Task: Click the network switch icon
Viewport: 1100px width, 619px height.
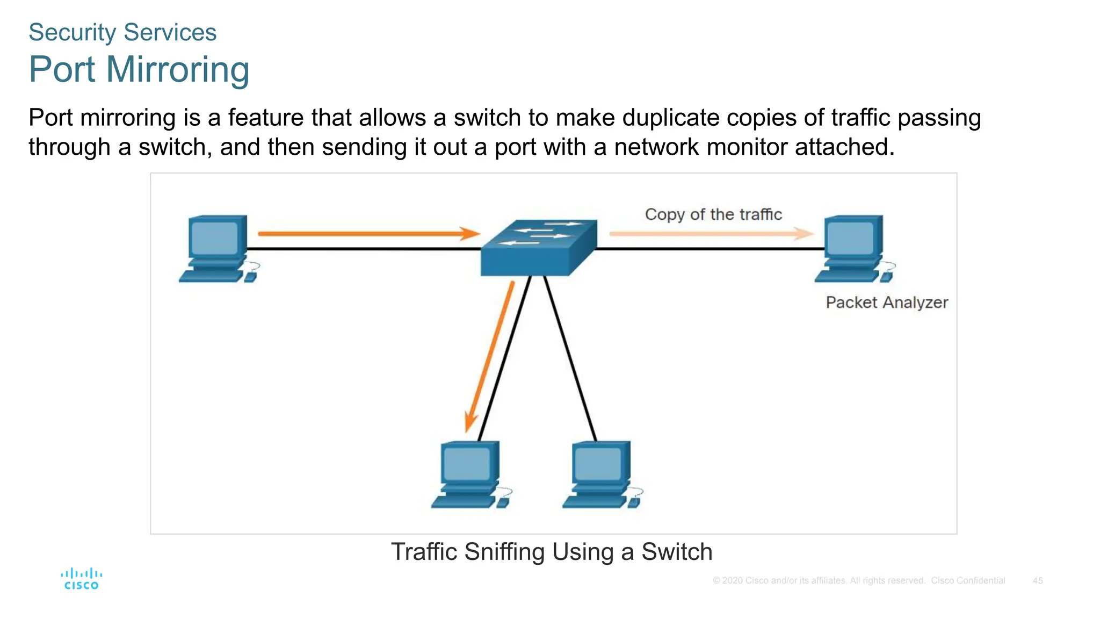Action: (x=538, y=248)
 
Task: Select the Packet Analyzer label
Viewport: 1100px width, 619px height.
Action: (x=887, y=303)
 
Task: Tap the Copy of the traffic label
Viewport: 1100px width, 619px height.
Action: (x=713, y=214)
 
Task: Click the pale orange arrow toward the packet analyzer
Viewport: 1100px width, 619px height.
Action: (x=712, y=234)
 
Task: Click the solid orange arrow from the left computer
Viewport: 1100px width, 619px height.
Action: (x=368, y=234)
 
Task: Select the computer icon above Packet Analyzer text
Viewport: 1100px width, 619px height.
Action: (x=852, y=248)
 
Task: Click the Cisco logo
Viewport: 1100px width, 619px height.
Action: (x=81, y=579)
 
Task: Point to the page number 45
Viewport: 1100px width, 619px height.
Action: (x=1038, y=581)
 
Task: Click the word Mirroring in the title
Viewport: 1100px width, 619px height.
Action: (x=177, y=69)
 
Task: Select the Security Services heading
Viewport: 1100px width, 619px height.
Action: (x=122, y=32)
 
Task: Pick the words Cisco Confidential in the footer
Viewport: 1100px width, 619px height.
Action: (x=968, y=581)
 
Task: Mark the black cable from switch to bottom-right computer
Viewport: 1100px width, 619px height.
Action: (x=571, y=359)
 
